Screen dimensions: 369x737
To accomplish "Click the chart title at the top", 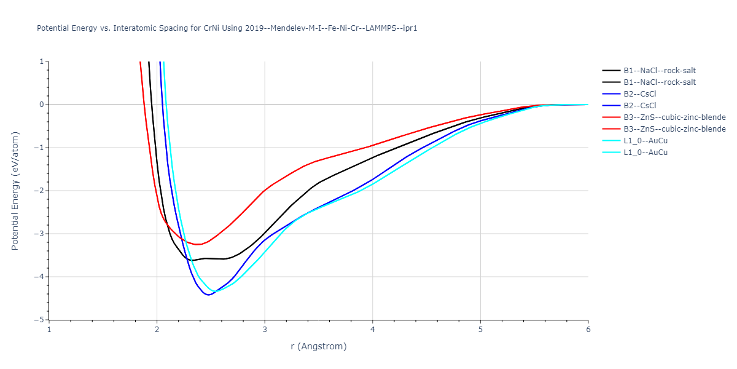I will pyautogui.click(x=227, y=28).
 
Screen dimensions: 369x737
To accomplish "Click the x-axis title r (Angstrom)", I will pyautogui.click(x=318, y=346).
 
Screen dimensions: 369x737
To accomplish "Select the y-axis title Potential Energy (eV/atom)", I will pyautogui.click(x=15, y=191).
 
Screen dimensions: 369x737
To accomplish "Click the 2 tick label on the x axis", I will pyautogui.click(x=157, y=329).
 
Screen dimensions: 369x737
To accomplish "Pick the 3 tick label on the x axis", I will pyautogui.click(x=265, y=329).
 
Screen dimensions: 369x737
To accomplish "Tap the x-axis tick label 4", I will pyautogui.click(x=372, y=329).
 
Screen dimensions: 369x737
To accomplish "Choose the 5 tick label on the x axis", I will pyautogui.click(x=480, y=329).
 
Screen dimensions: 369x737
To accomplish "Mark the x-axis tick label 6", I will pyautogui.click(x=588, y=329).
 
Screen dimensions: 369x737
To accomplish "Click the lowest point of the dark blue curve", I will pyautogui.click(x=209, y=295).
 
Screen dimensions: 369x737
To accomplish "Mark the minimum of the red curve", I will pyautogui.click(x=198, y=245).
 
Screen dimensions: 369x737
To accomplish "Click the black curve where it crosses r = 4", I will pyautogui.click(x=372, y=158).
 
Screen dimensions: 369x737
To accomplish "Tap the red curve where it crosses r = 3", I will pyautogui.click(x=265, y=191).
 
